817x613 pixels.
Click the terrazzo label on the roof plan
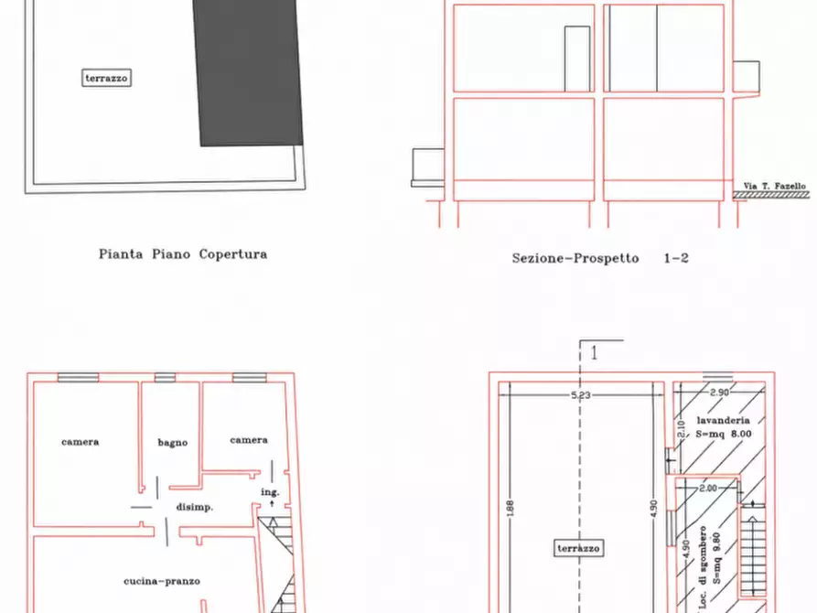[x=106, y=78]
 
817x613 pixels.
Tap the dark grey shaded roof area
[x=248, y=72]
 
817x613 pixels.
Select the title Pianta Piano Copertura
[x=183, y=254]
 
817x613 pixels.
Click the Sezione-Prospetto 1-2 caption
[x=600, y=258]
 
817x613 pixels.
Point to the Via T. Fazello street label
[x=774, y=186]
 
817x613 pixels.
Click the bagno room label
[x=173, y=443]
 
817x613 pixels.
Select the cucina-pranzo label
[x=162, y=581]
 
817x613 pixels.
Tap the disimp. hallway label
[x=194, y=507]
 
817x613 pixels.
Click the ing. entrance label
[x=271, y=492]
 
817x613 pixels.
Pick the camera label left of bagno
[x=81, y=442]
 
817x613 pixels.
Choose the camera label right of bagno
[x=249, y=440]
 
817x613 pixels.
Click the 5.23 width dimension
[x=580, y=395]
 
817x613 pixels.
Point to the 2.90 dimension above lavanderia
[x=719, y=392]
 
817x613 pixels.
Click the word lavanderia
[x=723, y=420]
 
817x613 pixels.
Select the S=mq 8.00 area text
[x=724, y=434]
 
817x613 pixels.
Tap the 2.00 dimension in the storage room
[x=708, y=489]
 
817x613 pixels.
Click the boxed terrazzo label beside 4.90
[x=579, y=548]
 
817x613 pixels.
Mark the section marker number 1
[x=594, y=353]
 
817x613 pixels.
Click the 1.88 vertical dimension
[x=511, y=509]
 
